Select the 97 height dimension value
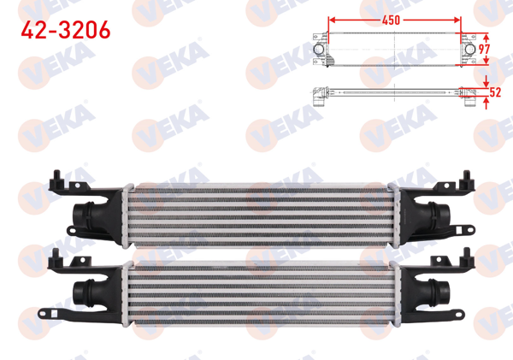[x=484, y=49]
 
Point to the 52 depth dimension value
[x=494, y=92]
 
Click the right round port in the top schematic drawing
[x=472, y=50]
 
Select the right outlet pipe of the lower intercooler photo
[x=444, y=286]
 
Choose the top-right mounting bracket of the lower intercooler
[x=469, y=254]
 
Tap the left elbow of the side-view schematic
[x=318, y=96]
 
